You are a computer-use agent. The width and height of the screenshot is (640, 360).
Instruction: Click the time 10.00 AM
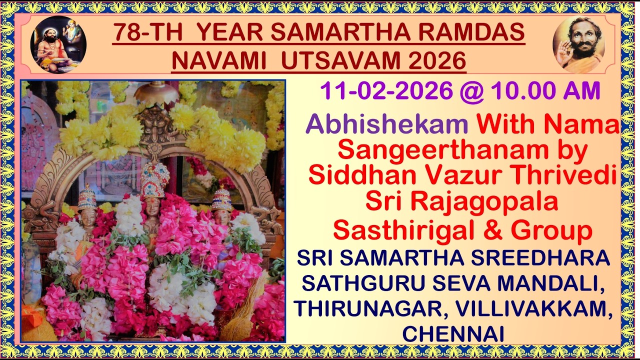tap(545, 91)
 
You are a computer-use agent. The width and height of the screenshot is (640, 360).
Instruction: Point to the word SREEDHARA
tap(549, 258)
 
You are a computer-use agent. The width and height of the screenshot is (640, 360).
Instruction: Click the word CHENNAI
tap(453, 334)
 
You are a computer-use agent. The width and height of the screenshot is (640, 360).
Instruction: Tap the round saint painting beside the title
tap(58, 44)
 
